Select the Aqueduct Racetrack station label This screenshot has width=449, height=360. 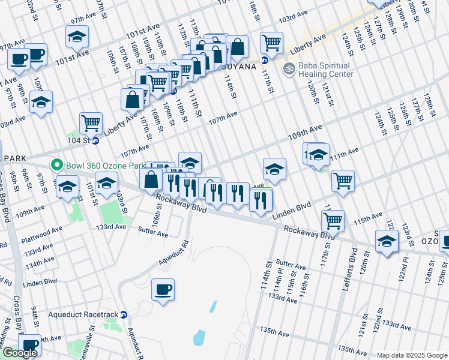coord(88,314)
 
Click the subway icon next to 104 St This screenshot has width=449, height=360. coord(95,140)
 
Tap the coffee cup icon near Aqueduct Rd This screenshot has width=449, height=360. coord(163,290)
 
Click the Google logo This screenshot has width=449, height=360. coord(20,353)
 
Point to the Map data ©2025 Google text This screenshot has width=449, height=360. coord(412,355)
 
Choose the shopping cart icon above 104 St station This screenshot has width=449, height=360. coord(91,123)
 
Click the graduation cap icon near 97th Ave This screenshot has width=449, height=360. coord(77,37)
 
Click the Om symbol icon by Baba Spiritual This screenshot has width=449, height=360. coord(288,70)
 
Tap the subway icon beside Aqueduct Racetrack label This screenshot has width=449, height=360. coord(124,314)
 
